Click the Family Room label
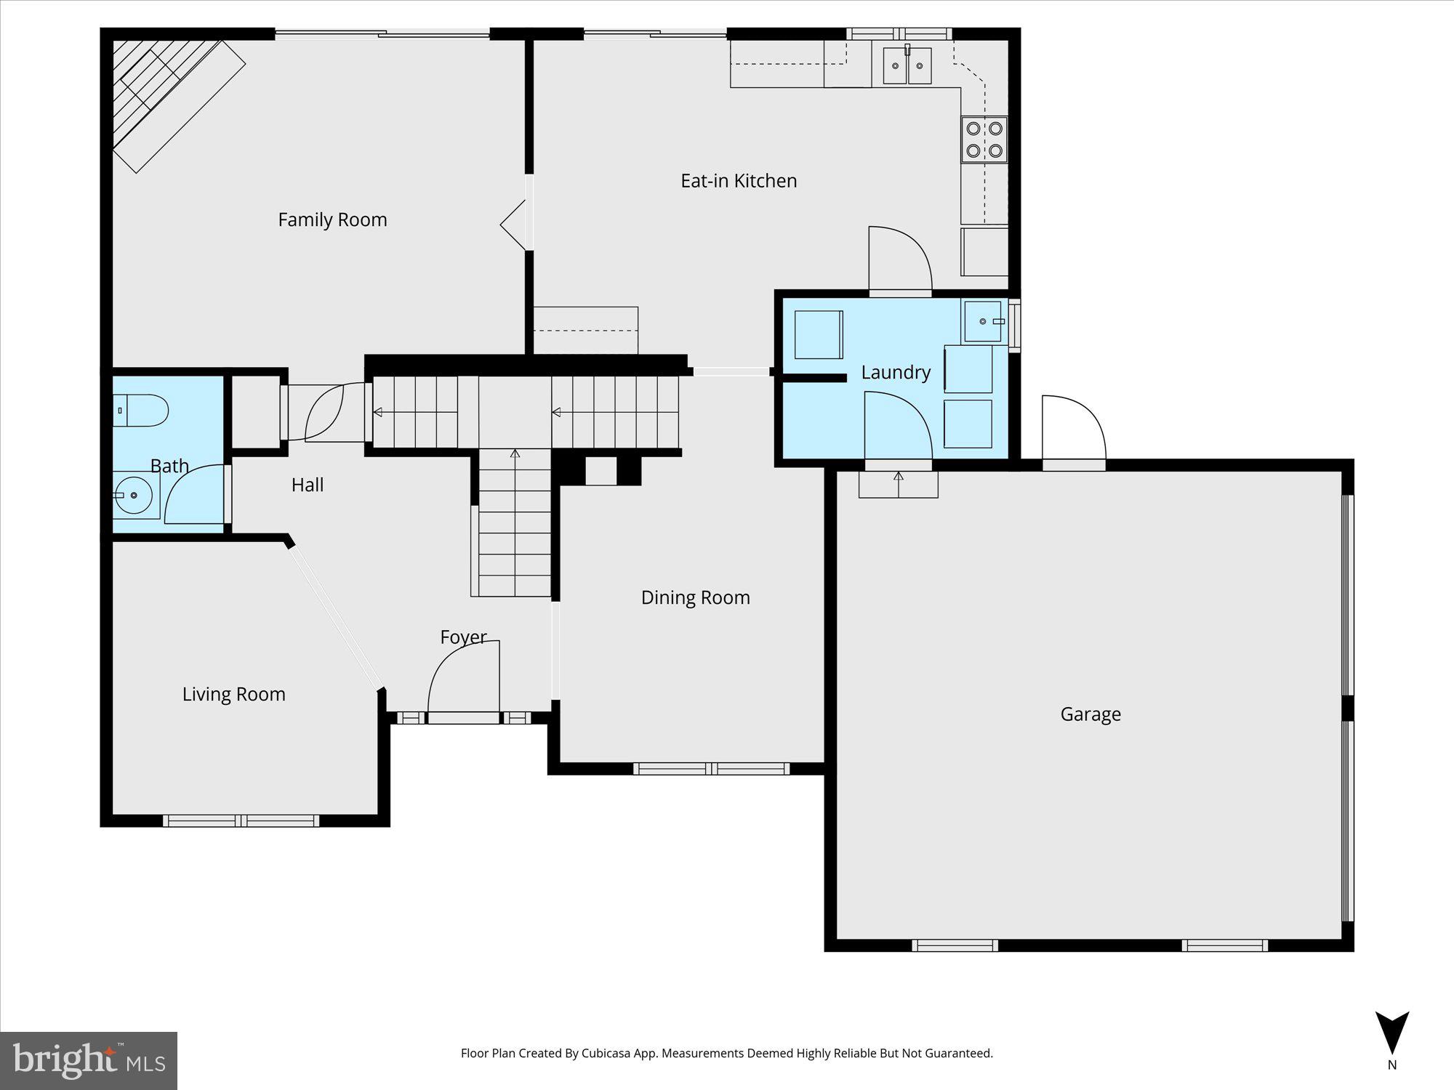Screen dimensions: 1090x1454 point(332,219)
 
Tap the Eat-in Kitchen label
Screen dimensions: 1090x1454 point(738,181)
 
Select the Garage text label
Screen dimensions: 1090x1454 point(1090,714)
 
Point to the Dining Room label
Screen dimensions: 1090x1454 point(695,597)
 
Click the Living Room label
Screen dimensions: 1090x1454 point(233,694)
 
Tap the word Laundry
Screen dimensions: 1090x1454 point(895,373)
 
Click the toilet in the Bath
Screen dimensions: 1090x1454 point(141,411)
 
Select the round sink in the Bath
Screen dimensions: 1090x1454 point(133,495)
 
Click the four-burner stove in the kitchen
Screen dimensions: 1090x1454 point(984,140)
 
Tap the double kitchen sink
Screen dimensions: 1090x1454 point(907,65)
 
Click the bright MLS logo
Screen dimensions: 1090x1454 point(88,1060)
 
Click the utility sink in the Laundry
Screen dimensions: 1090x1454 point(983,321)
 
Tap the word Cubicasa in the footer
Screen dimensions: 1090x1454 point(607,1053)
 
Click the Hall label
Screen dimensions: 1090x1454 point(307,485)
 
